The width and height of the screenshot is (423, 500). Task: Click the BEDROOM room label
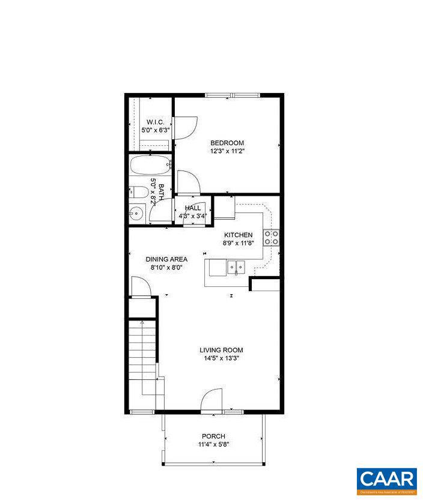coord(227,143)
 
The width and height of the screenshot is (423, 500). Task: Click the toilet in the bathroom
coord(138,193)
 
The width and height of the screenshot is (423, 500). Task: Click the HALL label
coord(193,208)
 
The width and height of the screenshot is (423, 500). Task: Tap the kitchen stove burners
coord(271,238)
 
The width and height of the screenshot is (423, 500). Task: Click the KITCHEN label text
coord(238,235)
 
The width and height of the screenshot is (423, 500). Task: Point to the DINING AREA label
coord(166,259)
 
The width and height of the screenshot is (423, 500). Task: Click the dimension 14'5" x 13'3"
coord(222,358)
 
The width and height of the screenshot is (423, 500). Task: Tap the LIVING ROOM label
coord(222,350)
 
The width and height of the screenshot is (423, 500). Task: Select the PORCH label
coord(213,436)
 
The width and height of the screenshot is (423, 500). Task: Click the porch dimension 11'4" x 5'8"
coord(213,445)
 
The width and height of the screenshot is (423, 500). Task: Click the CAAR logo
coord(386,480)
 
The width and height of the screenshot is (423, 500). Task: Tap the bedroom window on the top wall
coord(232,95)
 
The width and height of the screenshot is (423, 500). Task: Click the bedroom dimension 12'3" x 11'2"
coord(227,151)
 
